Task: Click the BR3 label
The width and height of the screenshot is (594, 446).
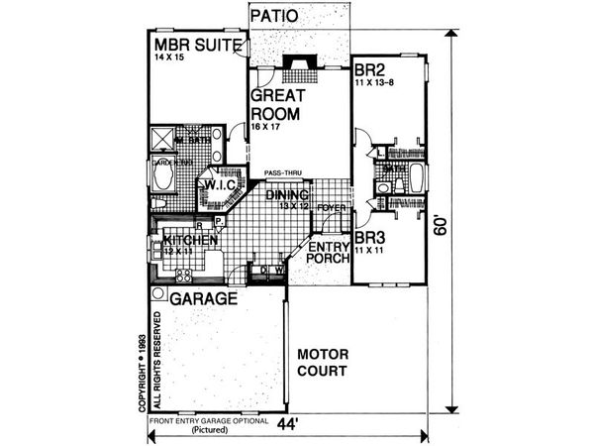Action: [x=369, y=239]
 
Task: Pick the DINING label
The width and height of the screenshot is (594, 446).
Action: [x=287, y=194]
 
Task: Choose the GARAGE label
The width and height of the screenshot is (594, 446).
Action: [x=201, y=297]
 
